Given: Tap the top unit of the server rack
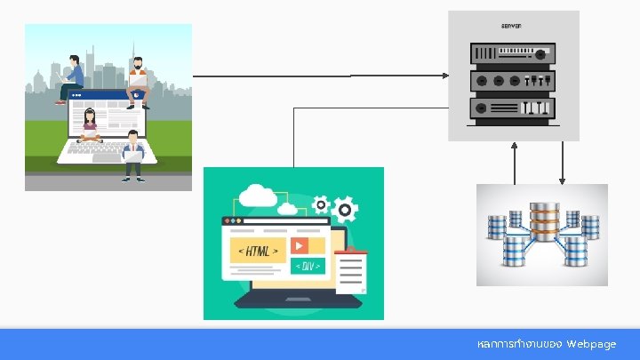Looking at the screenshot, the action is tap(513, 52).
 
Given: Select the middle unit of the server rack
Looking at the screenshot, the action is tap(513, 80).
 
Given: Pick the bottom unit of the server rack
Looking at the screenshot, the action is tap(513, 108).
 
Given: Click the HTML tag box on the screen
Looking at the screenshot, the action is tap(258, 251).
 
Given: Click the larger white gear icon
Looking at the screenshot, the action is tap(346, 210).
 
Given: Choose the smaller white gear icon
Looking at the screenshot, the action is tap(320, 204).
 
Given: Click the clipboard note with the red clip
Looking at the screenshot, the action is tap(352, 270).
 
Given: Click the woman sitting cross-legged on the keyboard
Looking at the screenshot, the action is tap(89, 127).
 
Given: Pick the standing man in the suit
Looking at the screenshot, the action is tap(133, 156).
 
